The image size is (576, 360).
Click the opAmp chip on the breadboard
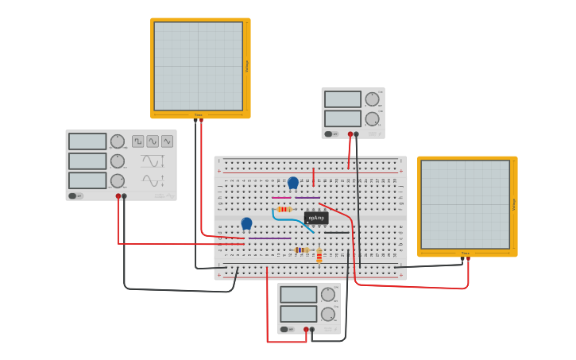click(316, 218)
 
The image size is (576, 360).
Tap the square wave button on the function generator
click(138, 141)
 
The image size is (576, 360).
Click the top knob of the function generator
click(118, 141)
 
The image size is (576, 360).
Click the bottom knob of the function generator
click(118, 180)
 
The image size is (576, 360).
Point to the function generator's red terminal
click(118, 195)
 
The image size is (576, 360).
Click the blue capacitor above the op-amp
click(293, 183)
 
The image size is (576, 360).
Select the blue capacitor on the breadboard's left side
click(246, 223)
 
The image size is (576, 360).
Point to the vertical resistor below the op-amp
click(319, 256)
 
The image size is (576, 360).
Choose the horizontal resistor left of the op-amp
click(284, 209)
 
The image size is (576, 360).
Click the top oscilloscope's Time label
click(199, 115)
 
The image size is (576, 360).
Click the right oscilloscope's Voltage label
click(513, 204)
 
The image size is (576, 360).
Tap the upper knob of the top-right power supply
click(372, 99)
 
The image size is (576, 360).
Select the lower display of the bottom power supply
click(298, 314)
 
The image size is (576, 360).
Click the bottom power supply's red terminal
click(306, 329)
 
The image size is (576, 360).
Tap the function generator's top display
click(87, 141)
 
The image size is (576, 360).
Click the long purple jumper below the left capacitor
click(270, 238)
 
